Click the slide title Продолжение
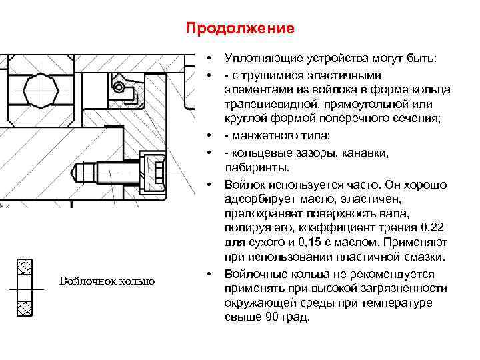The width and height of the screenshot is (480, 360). click(239, 29)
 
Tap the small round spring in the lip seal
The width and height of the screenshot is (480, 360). click(119, 87)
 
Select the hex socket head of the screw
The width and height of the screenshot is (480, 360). click(155, 170)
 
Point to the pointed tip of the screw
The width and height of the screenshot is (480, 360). click(77, 171)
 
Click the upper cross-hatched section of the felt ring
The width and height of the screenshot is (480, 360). click(25, 268)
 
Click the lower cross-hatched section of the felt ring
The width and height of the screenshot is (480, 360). click(25, 308)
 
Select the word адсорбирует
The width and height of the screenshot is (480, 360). click(257, 198)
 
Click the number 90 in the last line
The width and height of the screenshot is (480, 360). click(268, 317)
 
